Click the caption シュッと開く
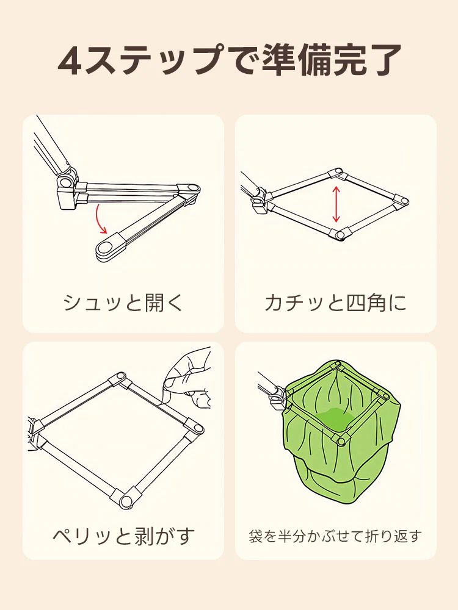click(123, 303)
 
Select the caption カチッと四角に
click(335, 303)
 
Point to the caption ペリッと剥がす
click(123, 536)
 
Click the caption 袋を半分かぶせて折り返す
click(335, 536)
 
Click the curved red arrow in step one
click(101, 221)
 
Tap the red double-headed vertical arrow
click(335, 204)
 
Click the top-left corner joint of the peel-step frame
click(120, 379)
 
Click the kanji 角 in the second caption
click(373, 303)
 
